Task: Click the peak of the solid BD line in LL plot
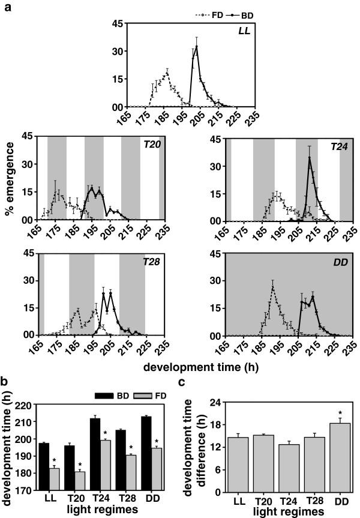(x=196, y=46)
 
